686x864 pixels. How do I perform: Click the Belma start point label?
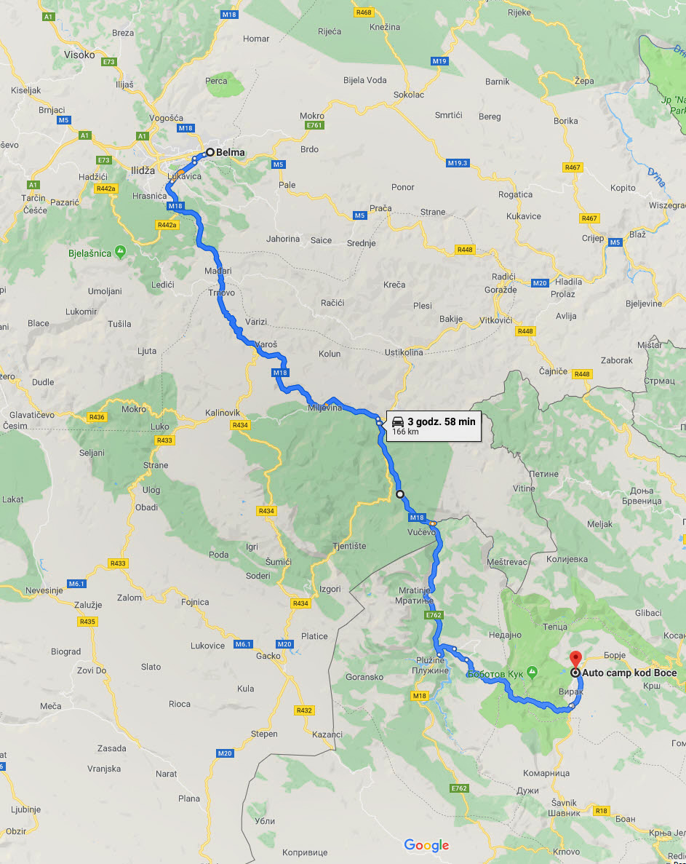231,152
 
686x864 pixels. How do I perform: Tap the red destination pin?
575,659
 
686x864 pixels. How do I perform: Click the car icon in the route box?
397,421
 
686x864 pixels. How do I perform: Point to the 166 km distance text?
405,432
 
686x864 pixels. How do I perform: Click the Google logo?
426,845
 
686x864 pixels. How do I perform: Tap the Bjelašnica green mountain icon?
120,251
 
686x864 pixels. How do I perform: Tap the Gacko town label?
268,656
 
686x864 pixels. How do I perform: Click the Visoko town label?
79,55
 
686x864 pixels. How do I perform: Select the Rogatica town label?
515,194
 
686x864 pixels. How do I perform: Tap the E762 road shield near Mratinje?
434,615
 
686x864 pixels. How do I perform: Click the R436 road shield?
96,417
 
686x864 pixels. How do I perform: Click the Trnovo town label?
222,293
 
